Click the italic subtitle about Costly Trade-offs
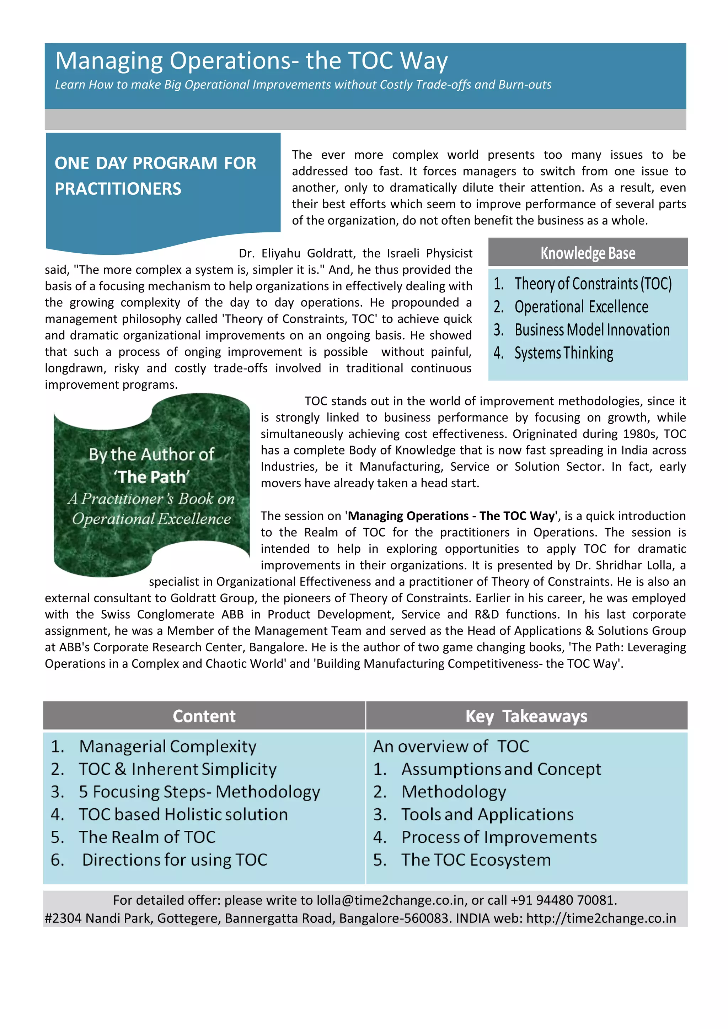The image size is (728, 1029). pyautogui.click(x=303, y=85)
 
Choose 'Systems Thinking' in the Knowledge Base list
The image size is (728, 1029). pyautogui.click(x=563, y=353)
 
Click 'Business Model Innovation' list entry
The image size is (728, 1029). pyautogui.click(x=592, y=330)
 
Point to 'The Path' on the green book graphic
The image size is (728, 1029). pyautogui.click(x=151, y=477)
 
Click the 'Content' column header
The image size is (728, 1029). pyautogui.click(x=204, y=716)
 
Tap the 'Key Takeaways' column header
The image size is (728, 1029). pyautogui.click(x=526, y=716)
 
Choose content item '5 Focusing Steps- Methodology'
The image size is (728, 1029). pyautogui.click(x=199, y=792)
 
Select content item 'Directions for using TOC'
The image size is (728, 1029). pyautogui.click(x=175, y=860)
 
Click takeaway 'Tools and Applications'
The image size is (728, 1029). pyautogui.click(x=487, y=815)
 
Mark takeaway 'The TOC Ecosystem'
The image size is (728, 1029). pyautogui.click(x=476, y=860)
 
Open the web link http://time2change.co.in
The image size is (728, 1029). pyautogui.click(x=601, y=918)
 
